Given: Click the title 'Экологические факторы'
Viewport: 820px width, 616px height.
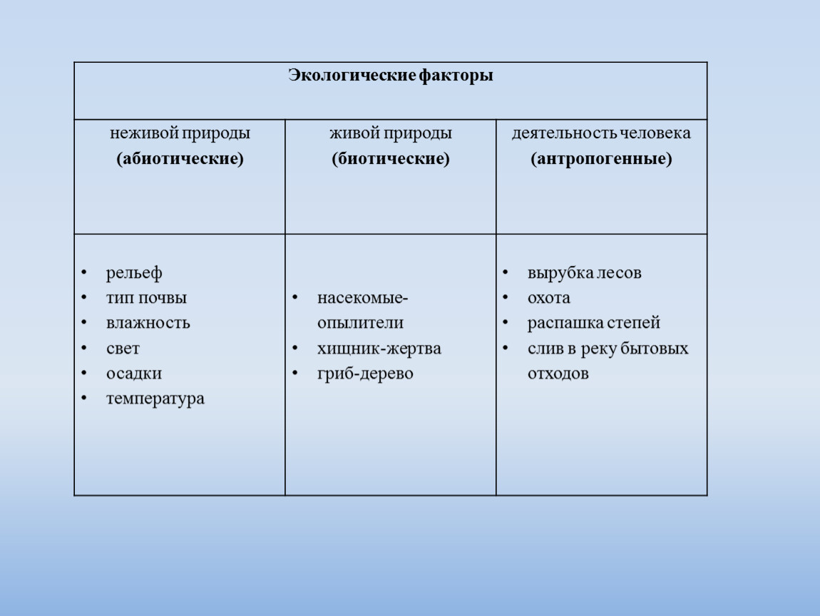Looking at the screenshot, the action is pos(391,76).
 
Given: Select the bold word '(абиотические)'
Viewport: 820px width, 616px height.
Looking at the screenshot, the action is pos(180,158).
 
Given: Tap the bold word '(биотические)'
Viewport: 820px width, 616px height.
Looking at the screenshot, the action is pos(391,158).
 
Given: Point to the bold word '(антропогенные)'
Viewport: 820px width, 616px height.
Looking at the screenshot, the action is pos(601,158).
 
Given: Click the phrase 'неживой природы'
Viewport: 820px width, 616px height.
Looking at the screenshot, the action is pos(180,133).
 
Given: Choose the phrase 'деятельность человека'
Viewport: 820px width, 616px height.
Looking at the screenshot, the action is pos(601,133).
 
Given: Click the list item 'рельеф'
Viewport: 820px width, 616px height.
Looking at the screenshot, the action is pos(134,273).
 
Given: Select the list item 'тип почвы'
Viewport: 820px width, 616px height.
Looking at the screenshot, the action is pos(146,298).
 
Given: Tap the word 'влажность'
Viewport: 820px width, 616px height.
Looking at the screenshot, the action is pos(148,323).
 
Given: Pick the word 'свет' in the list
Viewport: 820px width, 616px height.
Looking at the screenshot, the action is pos(123,348).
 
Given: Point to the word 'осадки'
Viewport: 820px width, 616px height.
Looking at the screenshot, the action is pos(134,374).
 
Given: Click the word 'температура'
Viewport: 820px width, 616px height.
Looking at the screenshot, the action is pos(155,399).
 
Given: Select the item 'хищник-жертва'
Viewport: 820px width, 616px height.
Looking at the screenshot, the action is pos(379,348).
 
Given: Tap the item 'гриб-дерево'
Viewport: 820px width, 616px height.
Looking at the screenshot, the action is pos(365,374).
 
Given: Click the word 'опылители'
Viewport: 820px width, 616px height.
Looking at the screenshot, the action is pos(360,323).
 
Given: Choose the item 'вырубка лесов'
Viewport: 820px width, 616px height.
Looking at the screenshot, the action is pos(584,273).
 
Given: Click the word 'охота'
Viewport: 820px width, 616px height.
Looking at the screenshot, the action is pos(548,298).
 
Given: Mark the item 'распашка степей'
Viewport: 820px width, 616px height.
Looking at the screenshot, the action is pos(593,323).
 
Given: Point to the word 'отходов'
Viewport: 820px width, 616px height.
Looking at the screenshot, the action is pos(558,374).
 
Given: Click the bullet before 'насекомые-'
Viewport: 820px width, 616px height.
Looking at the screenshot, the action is pos(295,297).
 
